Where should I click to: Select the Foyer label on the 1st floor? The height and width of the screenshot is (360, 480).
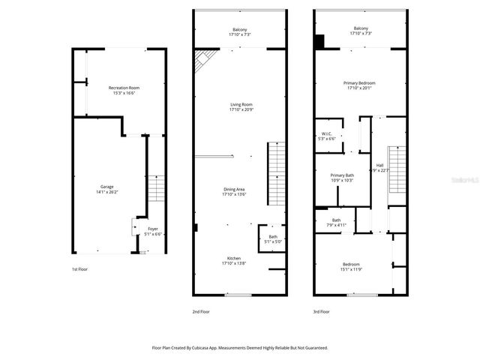point(152,231)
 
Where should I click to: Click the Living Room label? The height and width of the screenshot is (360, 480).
point(241,107)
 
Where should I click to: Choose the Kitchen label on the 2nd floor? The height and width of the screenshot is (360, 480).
point(234,260)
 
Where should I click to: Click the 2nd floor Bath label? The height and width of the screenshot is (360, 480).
point(273,239)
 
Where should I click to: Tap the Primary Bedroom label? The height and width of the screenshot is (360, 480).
point(359,85)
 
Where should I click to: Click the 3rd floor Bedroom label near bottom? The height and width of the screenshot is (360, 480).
point(351,266)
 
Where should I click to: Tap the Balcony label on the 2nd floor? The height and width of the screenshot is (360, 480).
point(240,32)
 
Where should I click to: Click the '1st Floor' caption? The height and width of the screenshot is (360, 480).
point(79,268)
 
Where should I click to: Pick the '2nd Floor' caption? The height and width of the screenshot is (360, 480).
point(201,310)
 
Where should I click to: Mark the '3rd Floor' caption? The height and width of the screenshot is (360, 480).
point(321,310)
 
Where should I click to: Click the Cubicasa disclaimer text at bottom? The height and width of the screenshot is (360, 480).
point(240,347)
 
